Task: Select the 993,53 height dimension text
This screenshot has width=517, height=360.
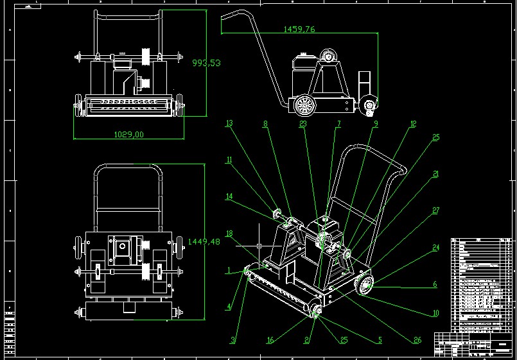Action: click(207, 63)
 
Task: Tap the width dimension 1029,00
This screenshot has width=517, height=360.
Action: click(128, 134)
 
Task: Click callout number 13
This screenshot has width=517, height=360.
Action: click(229, 123)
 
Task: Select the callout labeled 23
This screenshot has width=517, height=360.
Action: click(304, 126)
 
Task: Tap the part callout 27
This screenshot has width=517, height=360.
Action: click(436, 210)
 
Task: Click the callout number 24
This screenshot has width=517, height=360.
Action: click(436, 247)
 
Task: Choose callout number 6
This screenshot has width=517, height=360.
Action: click(435, 284)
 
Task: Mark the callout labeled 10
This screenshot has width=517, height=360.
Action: click(436, 313)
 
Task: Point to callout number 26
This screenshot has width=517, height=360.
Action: click(418, 340)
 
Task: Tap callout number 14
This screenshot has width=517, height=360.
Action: click(229, 196)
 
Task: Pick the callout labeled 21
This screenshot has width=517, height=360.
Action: click(436, 174)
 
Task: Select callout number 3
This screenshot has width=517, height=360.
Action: click(234, 339)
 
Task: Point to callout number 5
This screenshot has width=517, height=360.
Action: click(380, 340)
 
